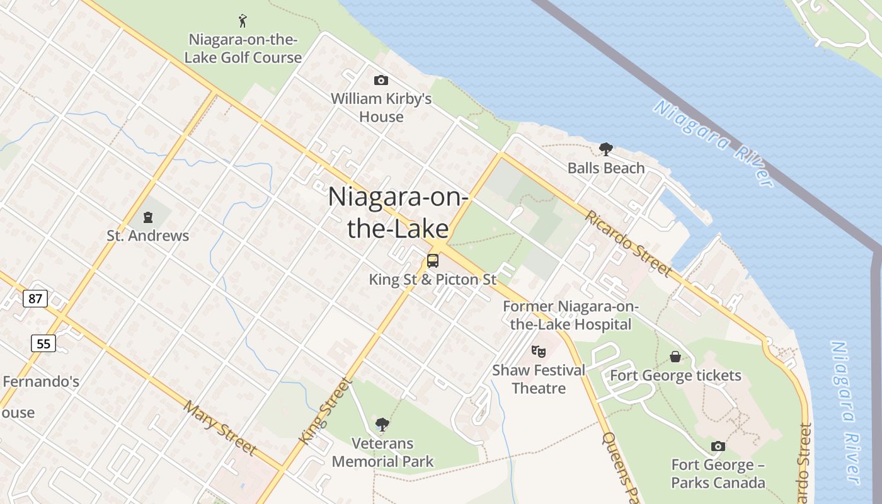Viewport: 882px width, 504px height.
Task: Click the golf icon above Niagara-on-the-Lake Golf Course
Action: coord(243,21)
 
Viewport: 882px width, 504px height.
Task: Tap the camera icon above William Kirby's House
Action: coord(381,80)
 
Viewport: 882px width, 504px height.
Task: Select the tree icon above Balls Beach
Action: coord(606,149)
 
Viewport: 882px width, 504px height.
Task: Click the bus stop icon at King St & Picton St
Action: coord(433,260)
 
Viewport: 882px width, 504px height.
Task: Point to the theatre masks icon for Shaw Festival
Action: coord(538,351)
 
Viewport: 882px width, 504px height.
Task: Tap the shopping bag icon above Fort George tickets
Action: coord(675,357)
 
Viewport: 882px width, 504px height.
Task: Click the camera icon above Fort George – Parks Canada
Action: coord(718,447)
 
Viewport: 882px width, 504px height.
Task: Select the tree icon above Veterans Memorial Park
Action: coord(382,424)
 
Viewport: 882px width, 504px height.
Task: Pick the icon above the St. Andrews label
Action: coord(148,218)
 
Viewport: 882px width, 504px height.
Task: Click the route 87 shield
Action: coord(35,298)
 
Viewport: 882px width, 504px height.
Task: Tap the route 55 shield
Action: coord(43,343)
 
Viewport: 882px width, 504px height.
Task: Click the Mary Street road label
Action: coord(220,428)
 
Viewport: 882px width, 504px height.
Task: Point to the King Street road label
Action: coord(324,411)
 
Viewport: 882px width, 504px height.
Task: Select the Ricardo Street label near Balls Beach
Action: coord(628,243)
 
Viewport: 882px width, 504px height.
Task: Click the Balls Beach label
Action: coord(606,168)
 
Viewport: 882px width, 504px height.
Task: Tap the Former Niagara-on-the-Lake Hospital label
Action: coord(571,316)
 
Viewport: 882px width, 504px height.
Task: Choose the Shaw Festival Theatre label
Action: coord(539,379)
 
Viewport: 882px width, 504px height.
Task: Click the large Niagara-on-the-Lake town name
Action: coord(398,212)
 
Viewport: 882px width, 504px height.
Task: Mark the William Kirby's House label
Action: coord(381,108)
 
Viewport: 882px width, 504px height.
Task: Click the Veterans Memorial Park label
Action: coord(382,452)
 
